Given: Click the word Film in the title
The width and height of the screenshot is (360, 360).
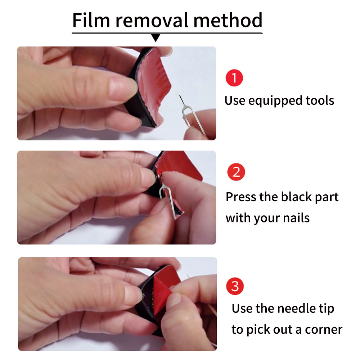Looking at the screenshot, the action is coord(91,20).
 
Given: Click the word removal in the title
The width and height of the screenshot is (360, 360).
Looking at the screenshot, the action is coord(152,20).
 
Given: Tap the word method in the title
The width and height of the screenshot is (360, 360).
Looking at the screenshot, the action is coord(228,20).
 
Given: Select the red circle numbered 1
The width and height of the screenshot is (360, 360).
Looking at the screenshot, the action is coord(234,78).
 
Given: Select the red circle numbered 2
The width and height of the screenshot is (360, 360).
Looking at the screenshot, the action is coord(236,172).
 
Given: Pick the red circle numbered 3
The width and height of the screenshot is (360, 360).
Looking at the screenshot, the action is coord(235,286).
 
